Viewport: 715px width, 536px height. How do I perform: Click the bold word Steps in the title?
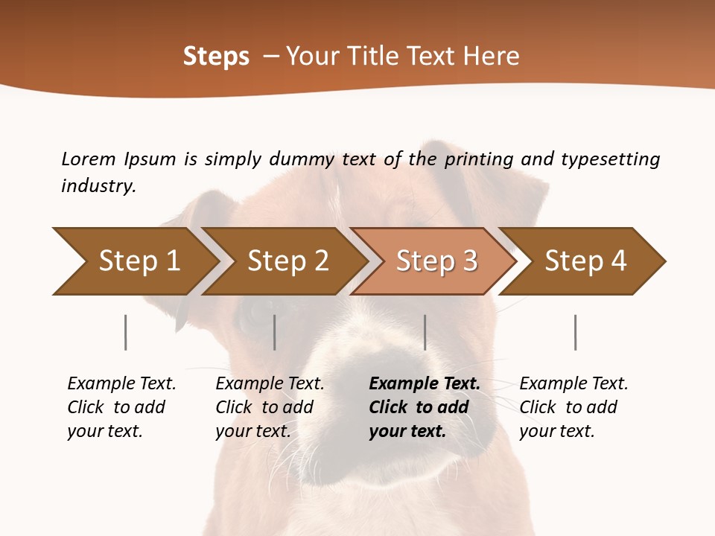click(216, 57)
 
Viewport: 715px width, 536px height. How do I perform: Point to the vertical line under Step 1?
click(126, 332)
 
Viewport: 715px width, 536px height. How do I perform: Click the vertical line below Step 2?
click(275, 332)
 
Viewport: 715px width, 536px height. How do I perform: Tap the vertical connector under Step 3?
click(425, 332)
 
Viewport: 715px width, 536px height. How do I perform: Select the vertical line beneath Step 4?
click(576, 332)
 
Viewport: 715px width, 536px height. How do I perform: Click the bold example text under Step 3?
click(425, 407)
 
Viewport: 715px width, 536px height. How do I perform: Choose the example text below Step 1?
click(121, 407)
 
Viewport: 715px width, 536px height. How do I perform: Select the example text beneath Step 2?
click(270, 407)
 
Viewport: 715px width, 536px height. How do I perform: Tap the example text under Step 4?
click(573, 407)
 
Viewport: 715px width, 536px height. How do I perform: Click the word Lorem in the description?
click(89, 159)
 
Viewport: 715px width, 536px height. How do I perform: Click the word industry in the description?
click(98, 186)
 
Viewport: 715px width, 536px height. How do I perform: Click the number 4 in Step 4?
click(618, 261)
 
